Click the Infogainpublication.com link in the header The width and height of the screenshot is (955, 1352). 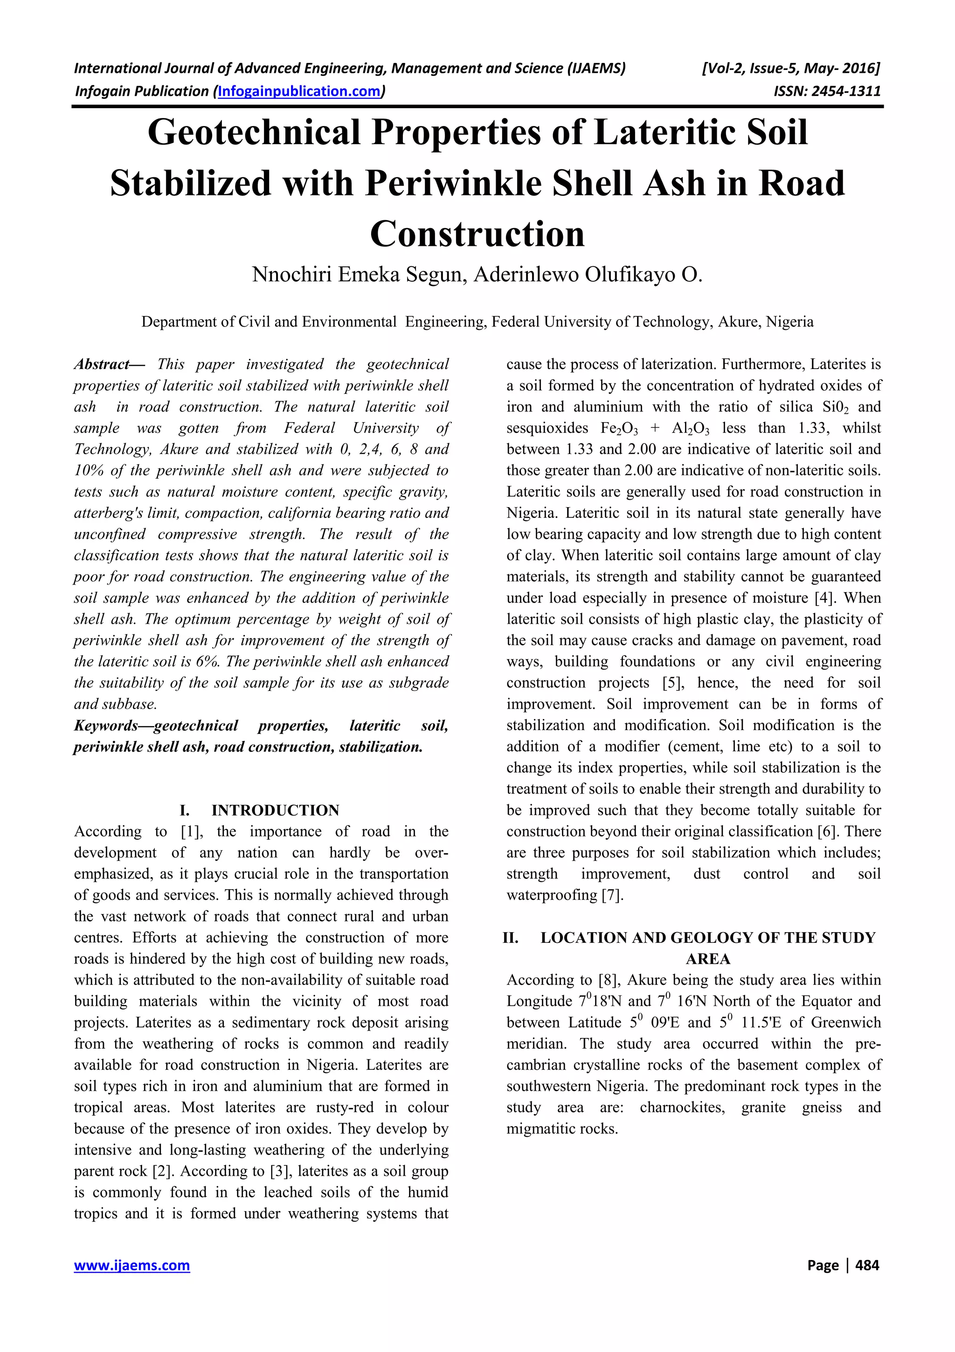[x=299, y=91]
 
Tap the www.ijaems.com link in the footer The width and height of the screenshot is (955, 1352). [x=132, y=1265]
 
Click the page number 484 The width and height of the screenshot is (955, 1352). [x=867, y=1265]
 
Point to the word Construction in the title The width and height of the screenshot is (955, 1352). [x=477, y=234]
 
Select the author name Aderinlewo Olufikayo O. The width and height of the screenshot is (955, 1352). [x=588, y=275]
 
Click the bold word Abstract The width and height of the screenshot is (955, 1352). [x=101, y=364]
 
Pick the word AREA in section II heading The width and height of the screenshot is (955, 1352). [x=708, y=959]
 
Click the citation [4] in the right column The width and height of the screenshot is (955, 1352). [x=822, y=598]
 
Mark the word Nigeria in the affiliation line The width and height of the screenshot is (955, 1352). [x=789, y=322]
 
